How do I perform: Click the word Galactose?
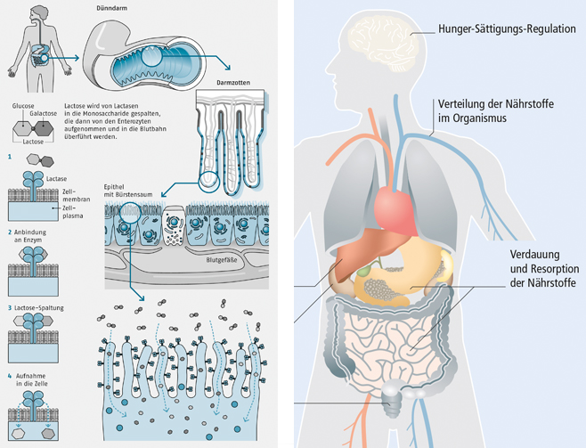[x=45, y=113]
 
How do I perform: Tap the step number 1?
[x=10, y=157]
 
